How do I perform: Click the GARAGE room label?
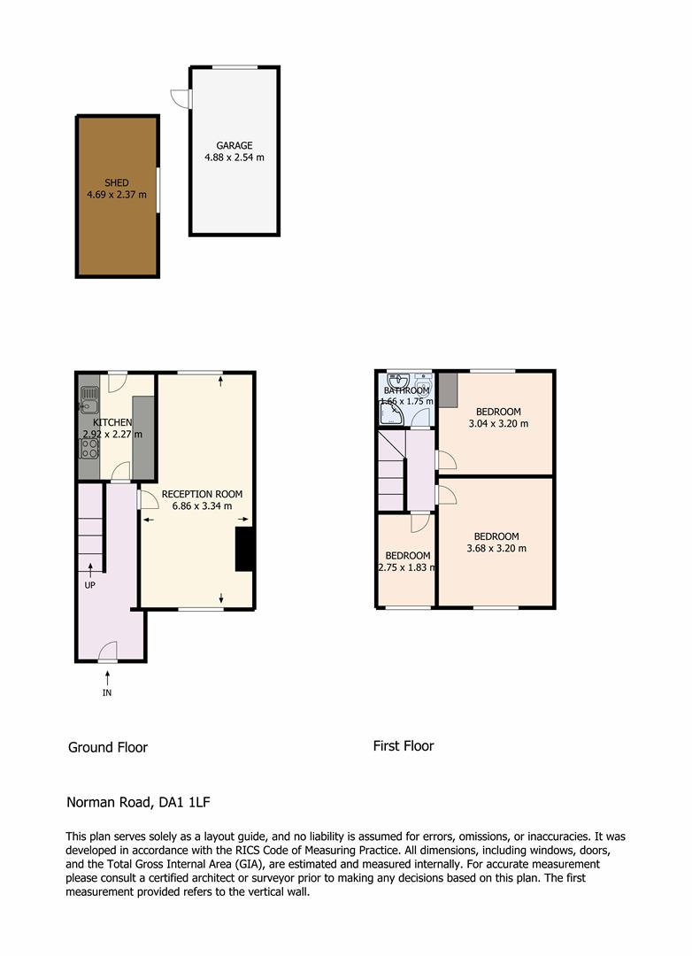(235, 146)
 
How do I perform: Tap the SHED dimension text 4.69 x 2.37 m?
(117, 195)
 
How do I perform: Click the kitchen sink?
(89, 400)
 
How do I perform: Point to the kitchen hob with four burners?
(89, 448)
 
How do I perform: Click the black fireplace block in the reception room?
(244, 550)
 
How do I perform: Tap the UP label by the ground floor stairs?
(89, 585)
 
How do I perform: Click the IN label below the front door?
(107, 692)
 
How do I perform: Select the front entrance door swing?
(108, 651)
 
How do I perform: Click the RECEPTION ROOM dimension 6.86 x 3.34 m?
(202, 506)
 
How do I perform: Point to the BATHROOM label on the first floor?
(407, 390)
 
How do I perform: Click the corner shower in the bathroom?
(390, 414)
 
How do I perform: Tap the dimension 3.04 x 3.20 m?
(498, 423)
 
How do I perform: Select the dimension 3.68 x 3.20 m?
(496, 548)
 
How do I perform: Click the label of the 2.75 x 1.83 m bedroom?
(407, 555)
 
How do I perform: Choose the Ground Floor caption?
(108, 747)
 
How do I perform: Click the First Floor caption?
(403, 745)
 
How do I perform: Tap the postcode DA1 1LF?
(184, 802)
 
